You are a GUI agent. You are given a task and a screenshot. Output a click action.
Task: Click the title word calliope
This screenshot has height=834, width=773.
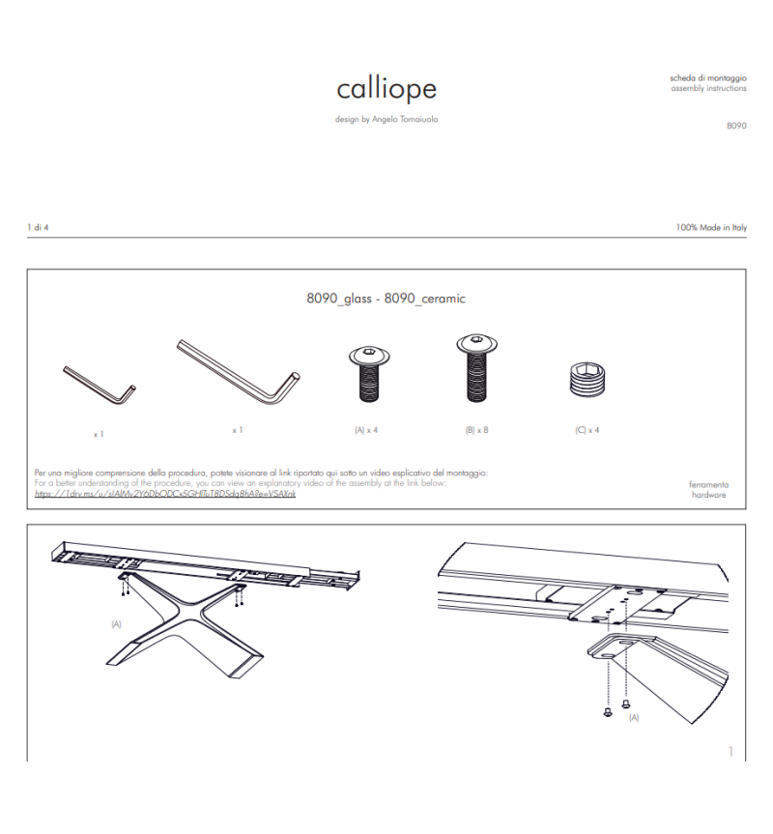click(386, 89)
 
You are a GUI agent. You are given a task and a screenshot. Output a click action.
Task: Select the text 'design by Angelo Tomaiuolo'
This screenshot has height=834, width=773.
click(386, 120)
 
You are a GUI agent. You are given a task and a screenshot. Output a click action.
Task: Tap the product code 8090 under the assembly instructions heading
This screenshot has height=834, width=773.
click(735, 125)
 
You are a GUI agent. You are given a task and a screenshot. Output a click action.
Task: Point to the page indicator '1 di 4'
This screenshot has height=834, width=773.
click(38, 227)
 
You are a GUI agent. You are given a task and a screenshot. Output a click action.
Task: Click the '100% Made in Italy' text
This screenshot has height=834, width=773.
click(711, 227)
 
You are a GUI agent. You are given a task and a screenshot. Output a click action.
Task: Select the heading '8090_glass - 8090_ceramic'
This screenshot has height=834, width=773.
click(386, 299)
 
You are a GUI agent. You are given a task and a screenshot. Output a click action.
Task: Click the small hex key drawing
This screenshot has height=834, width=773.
click(99, 385)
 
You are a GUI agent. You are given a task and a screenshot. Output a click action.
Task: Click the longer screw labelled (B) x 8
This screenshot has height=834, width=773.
click(477, 369)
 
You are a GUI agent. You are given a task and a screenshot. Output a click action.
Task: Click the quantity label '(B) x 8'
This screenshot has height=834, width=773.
click(477, 429)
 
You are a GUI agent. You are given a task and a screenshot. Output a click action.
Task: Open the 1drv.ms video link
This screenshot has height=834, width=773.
click(164, 493)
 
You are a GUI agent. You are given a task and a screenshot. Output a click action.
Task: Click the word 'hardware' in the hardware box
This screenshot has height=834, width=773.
click(709, 494)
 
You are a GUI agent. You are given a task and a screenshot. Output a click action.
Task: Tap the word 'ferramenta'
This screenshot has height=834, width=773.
click(709, 483)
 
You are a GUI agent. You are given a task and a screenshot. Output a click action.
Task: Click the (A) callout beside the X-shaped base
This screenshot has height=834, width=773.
click(117, 624)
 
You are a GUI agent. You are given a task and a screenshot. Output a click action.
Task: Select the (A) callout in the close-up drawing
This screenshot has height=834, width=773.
click(634, 718)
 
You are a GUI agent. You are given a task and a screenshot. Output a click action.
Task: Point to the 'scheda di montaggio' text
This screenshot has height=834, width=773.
click(707, 77)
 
